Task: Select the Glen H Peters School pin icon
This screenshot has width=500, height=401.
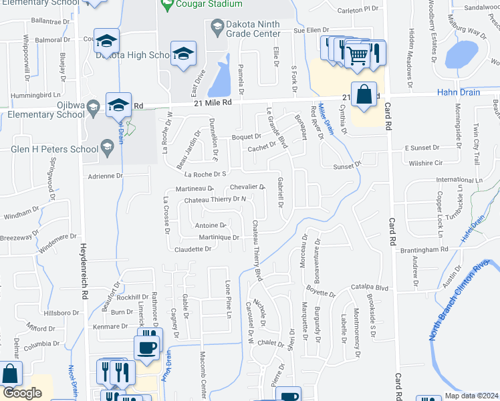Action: pyautogui.click(x=106, y=145)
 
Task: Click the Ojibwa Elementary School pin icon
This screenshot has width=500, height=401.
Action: pyautogui.click(x=94, y=105)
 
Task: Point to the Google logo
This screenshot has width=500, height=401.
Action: pyautogui.click(x=21, y=393)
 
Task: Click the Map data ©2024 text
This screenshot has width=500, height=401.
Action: pyautogui.click(x=471, y=396)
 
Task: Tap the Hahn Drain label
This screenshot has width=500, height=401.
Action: pyautogui.click(x=459, y=92)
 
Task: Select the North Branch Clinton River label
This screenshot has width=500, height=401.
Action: pyautogui.click(x=463, y=302)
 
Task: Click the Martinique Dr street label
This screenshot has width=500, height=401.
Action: pyautogui.click(x=219, y=237)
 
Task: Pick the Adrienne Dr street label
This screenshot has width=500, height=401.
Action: pyautogui.click(x=106, y=176)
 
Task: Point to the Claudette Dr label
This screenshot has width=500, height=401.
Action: pyautogui.click(x=193, y=249)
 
